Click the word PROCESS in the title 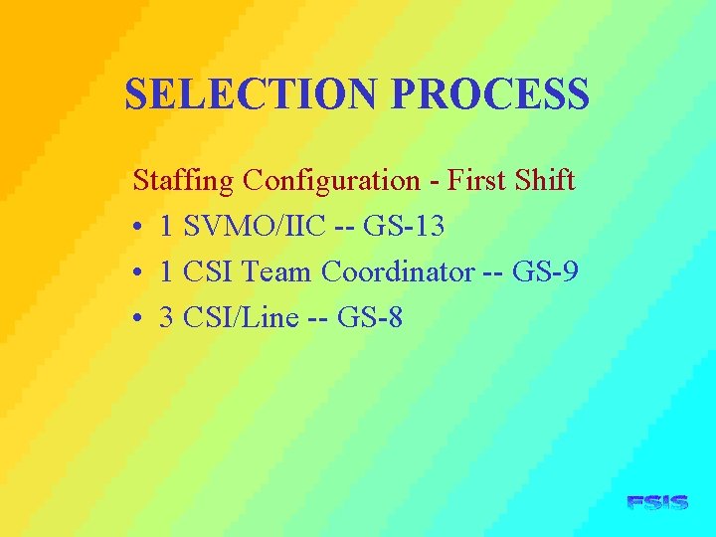490,94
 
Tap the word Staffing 184,181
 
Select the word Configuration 332,181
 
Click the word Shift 545,180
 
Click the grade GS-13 404,226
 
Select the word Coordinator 398,271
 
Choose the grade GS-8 370,317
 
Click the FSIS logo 657,503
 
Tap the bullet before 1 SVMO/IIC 139,228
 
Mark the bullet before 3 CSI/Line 139,319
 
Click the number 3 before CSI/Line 168,317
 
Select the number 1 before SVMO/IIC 168,226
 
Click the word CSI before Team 210,271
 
